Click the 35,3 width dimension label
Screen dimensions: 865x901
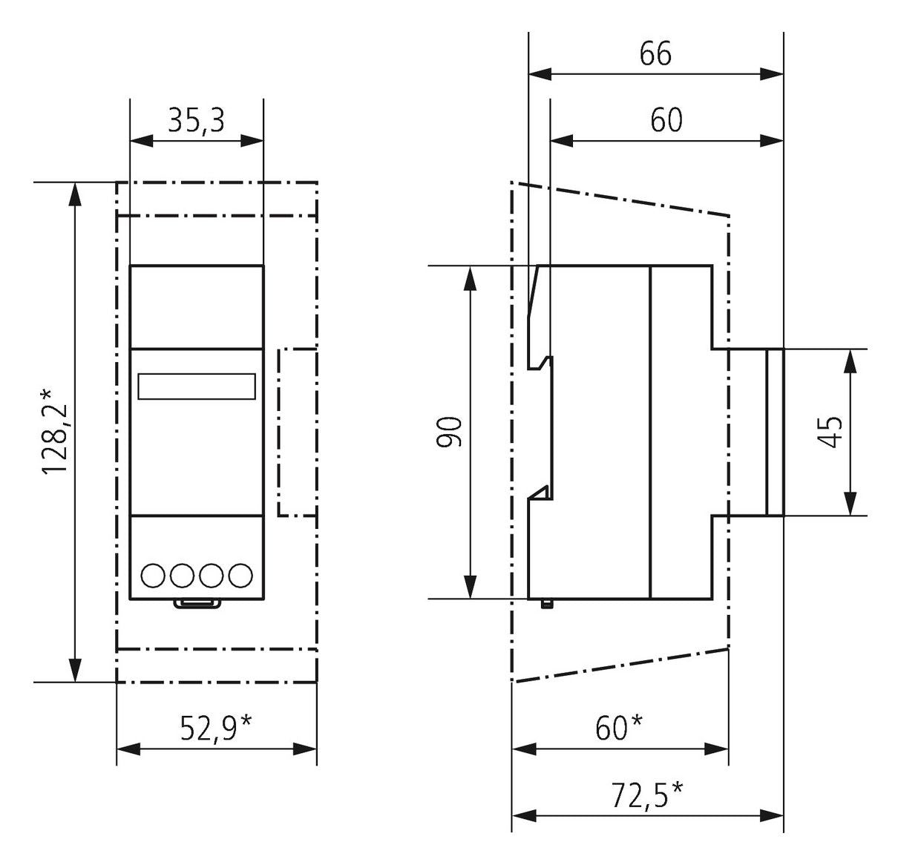pos(196,119)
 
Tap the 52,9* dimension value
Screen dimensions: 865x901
pos(216,728)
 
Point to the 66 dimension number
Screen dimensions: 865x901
pos(655,53)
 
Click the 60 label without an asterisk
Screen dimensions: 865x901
pos(666,120)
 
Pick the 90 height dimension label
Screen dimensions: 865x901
pos(450,432)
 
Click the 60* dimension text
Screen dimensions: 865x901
pos(619,728)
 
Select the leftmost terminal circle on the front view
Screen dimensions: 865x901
pos(152,575)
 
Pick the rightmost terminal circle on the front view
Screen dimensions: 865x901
pos(240,575)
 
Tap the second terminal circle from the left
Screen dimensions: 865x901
pos(182,575)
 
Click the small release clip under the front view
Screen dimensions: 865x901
pos(197,603)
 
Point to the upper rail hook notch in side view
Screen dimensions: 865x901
pos(543,363)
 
